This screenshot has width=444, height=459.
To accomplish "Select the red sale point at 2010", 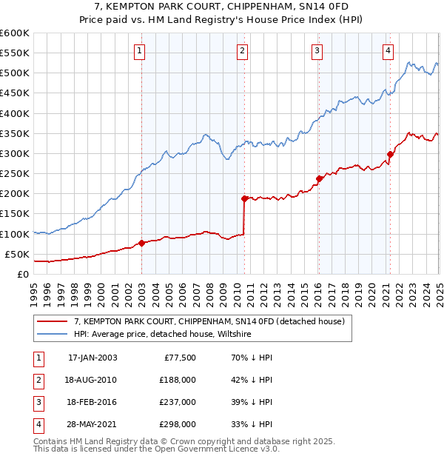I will (244, 198).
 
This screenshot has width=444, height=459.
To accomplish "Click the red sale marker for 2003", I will (142, 243).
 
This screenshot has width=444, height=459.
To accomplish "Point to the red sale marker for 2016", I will (319, 178).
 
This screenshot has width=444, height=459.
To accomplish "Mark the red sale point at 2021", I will (390, 154).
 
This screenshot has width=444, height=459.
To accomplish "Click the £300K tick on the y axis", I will (15, 153).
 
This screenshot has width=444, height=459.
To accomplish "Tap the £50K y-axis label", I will (17, 254).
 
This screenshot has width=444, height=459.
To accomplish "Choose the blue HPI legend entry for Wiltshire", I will (163, 335).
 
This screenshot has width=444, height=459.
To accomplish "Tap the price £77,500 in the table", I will (181, 357).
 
